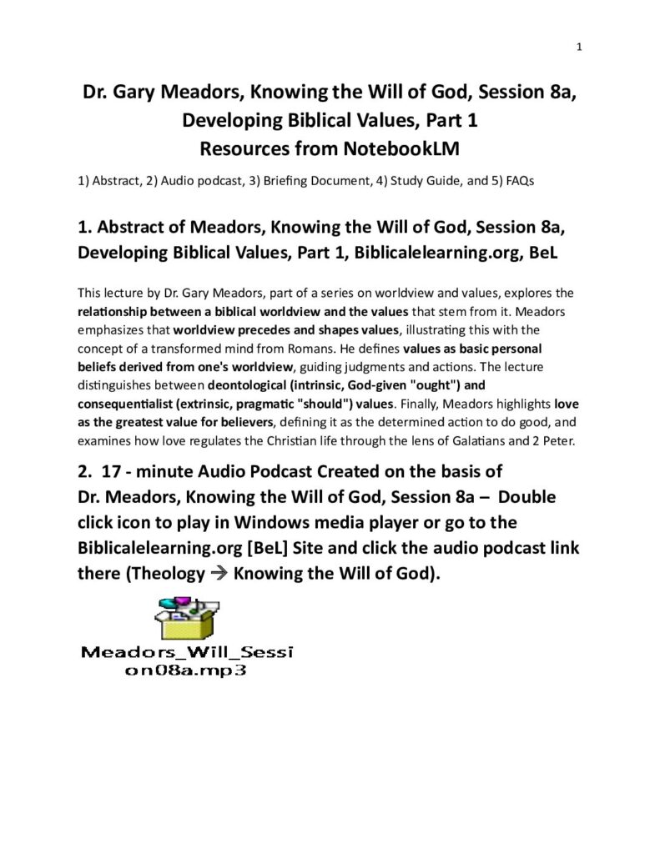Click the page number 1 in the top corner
pos(578,48)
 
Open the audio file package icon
pos(186,618)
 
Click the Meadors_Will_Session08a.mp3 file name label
pos(186,660)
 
